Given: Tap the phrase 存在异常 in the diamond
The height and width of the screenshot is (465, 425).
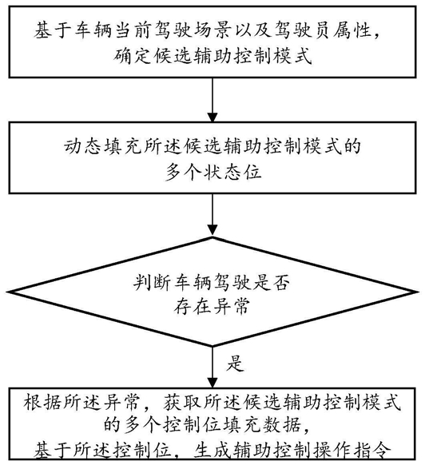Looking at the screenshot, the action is pos(212,306).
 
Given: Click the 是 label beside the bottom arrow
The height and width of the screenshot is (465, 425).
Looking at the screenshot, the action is pos(236,363).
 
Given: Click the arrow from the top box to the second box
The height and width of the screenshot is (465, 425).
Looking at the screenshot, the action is pos(212,100).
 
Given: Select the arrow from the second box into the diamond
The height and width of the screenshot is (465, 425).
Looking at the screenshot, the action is pos(212,215).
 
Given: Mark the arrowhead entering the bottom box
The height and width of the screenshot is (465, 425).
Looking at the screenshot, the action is pos(212,382).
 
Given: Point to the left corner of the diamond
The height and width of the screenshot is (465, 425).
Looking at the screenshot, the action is pos(7,292).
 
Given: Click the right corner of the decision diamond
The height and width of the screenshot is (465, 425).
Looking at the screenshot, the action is pos(418,292).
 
